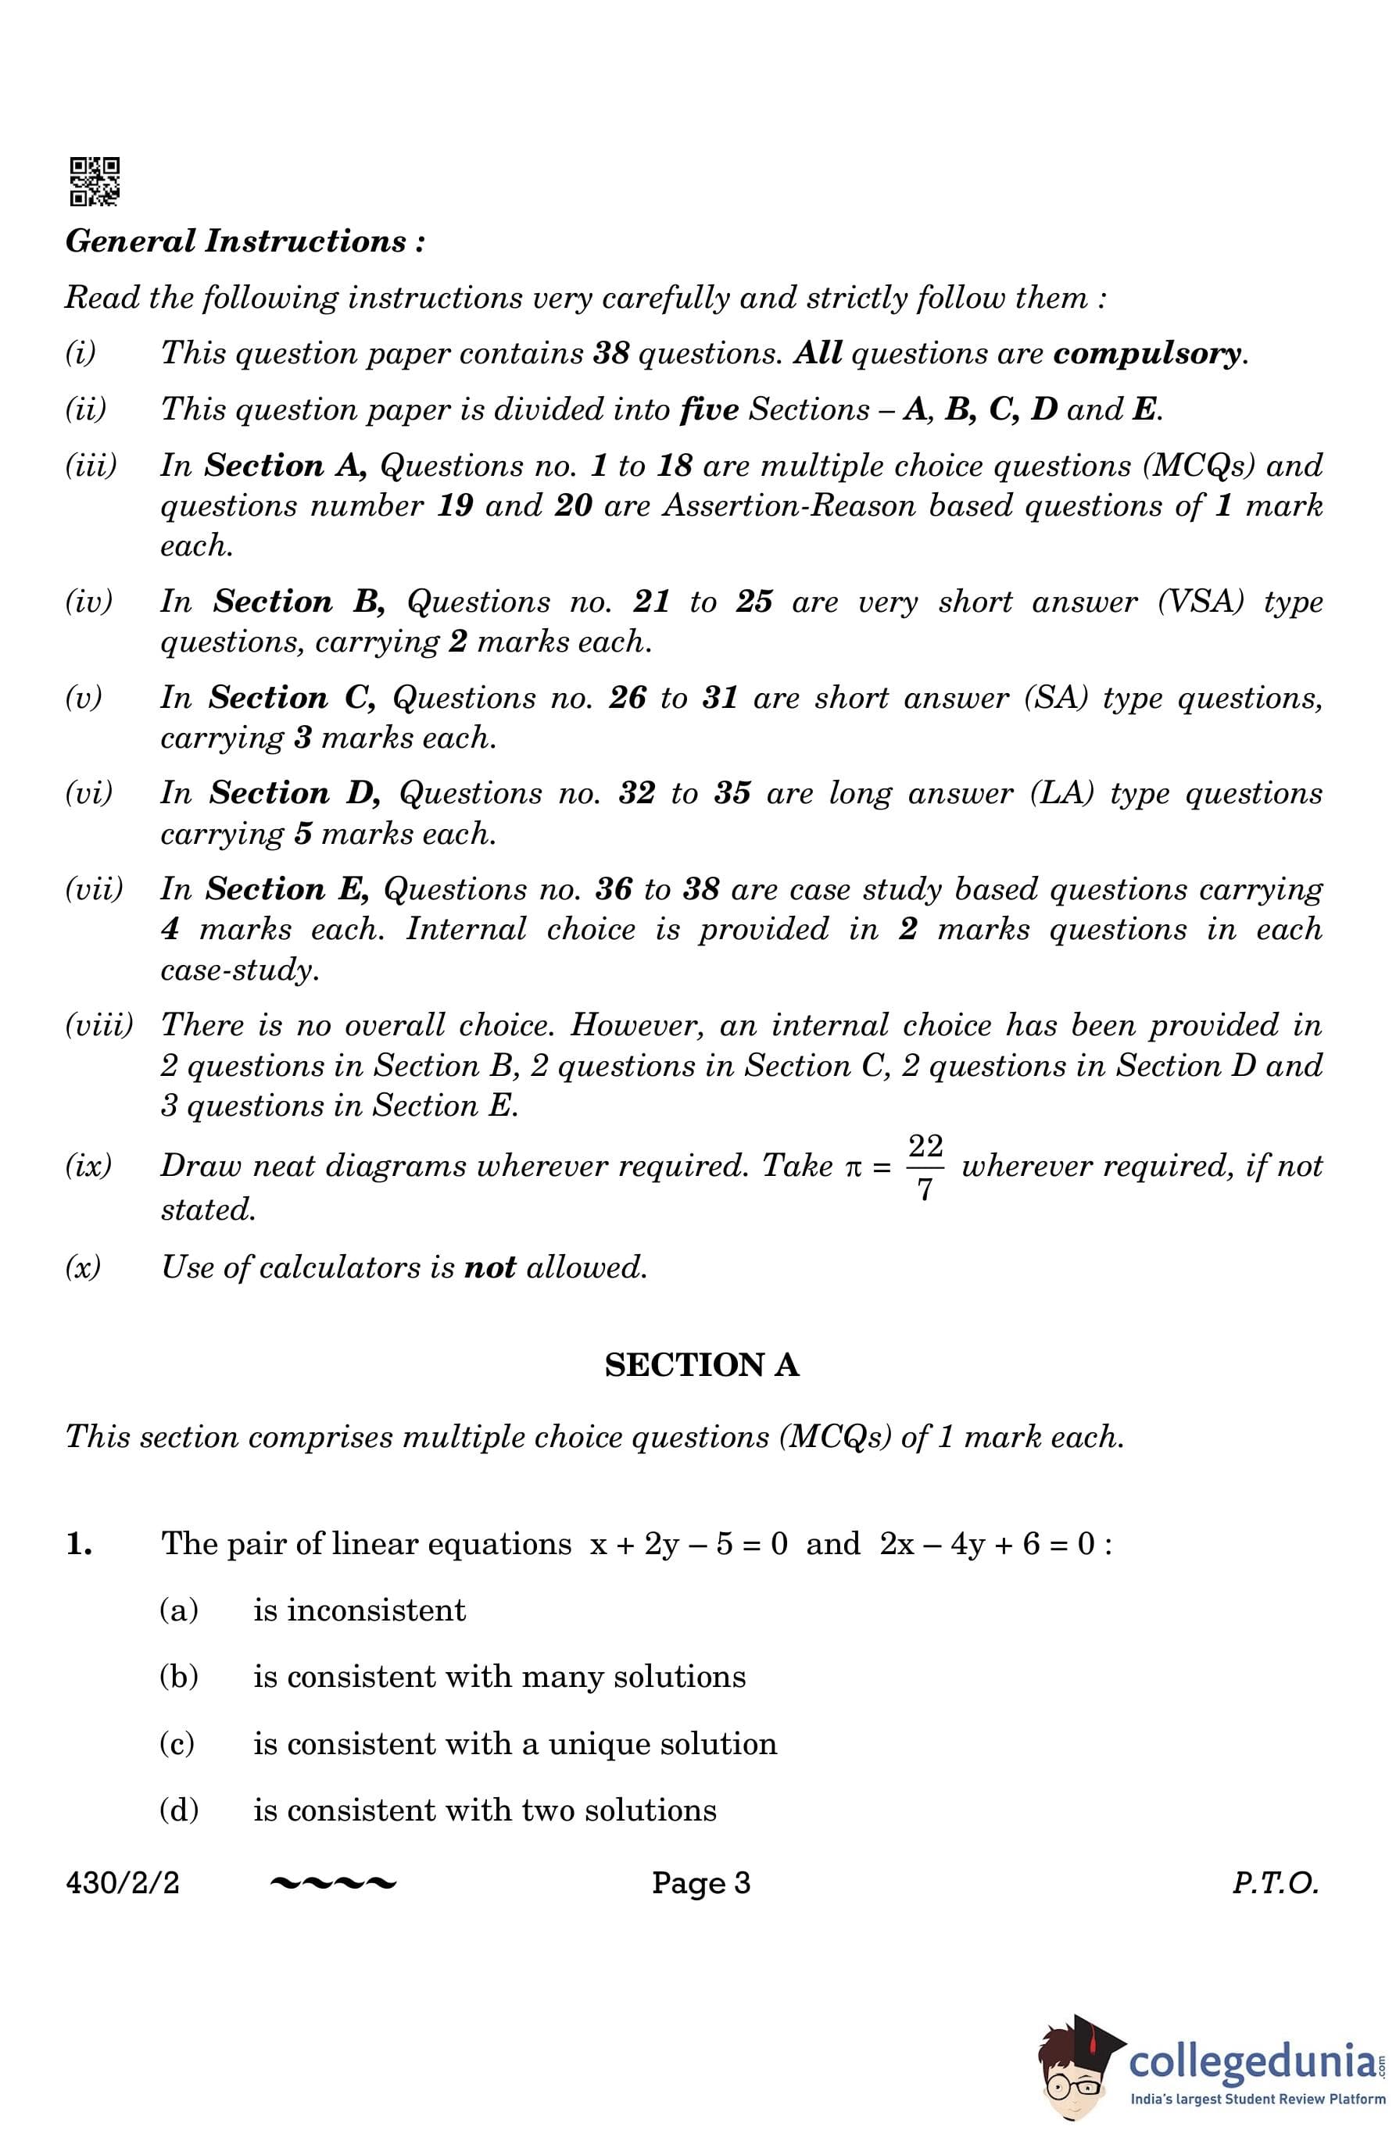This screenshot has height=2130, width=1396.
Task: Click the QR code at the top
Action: tap(94, 182)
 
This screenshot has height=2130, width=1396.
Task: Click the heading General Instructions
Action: tap(245, 241)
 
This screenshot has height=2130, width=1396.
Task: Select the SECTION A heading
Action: tap(701, 1365)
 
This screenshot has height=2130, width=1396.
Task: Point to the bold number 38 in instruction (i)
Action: tap(611, 353)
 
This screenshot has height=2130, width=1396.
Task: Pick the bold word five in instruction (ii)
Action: tap(709, 410)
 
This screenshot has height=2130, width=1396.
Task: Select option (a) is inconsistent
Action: tap(359, 1610)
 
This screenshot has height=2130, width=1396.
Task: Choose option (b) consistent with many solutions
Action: tap(499, 1676)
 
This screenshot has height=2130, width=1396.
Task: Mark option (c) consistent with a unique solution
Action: tap(515, 1743)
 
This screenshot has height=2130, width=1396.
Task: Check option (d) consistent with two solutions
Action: tap(485, 1810)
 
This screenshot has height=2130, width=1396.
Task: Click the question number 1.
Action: tap(80, 1544)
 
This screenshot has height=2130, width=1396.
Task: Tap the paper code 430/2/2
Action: tap(123, 1883)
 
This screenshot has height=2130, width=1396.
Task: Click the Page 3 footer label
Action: tap(701, 1883)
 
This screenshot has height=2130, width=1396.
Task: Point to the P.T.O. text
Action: tap(1275, 1883)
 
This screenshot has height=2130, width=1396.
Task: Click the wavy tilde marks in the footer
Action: tap(332, 1884)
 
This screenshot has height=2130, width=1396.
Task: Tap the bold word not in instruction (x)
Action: tap(490, 1267)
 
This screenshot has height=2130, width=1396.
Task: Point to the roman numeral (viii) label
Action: tap(98, 1024)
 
